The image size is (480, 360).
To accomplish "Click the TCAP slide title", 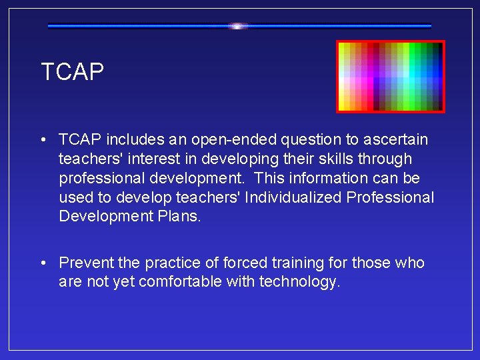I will pos(73,72).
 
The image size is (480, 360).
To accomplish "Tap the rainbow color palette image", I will pos(391,77).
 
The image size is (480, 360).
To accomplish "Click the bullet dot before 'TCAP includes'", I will pos(43,140).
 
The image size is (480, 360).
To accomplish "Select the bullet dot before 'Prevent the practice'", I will pos(43,263).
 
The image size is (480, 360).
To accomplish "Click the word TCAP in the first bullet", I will pos(79,140).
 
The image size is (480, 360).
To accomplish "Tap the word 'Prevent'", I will pos(84,263).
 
